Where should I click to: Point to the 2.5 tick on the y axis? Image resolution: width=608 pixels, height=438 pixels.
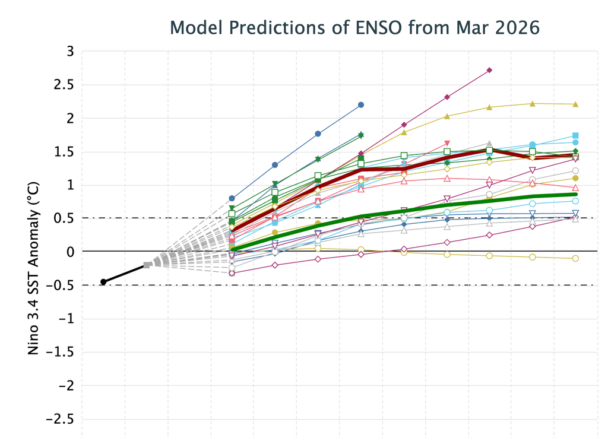tap(64, 85)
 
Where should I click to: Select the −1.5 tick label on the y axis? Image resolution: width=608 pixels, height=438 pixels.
tap(59, 352)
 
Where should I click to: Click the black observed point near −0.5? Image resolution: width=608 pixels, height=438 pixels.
tap(103, 282)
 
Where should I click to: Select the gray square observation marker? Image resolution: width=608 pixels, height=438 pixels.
tap(147, 265)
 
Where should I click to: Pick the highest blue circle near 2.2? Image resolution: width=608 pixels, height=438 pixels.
tap(360, 105)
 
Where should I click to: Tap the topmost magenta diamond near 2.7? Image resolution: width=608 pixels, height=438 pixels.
tap(489, 70)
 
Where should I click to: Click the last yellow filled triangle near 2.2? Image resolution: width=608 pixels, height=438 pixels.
tap(575, 104)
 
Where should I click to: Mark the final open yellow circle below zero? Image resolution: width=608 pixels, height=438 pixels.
tap(575, 258)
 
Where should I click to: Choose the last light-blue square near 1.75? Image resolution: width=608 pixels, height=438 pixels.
tap(575, 136)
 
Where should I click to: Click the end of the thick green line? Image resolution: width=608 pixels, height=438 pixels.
tap(575, 194)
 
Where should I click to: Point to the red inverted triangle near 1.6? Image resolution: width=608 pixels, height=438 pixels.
tap(446, 144)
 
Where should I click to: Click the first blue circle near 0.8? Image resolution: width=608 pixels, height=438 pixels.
tap(232, 198)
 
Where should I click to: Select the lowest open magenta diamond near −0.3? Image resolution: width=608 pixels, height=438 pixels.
tap(232, 273)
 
